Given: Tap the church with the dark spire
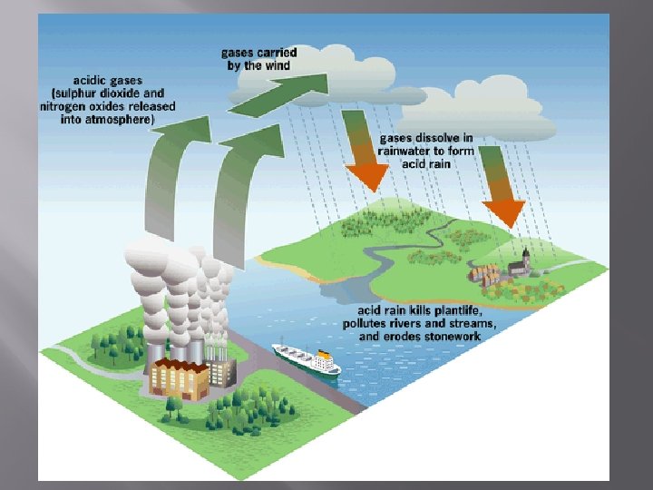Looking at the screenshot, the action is [519, 263].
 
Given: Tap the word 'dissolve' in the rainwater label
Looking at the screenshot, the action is [436, 139].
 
